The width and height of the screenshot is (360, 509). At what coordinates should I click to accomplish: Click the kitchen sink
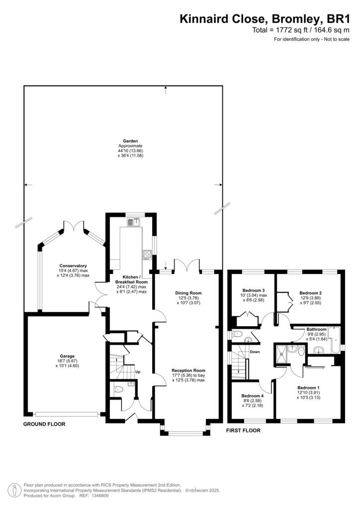pos(133,223)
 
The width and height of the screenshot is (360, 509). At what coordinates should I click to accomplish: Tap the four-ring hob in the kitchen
pos(147,255)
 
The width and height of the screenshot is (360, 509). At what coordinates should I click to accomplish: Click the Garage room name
pos(68,356)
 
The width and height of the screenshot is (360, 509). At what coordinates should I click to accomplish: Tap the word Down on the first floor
pos(255,352)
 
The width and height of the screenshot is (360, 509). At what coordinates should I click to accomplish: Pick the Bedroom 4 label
pos(253,396)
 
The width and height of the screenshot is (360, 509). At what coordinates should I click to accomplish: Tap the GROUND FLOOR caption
pos(44,424)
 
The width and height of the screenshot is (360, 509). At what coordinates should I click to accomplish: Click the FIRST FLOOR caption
pos(243,430)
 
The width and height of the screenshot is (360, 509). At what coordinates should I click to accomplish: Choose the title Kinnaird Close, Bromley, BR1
pos(268,19)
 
